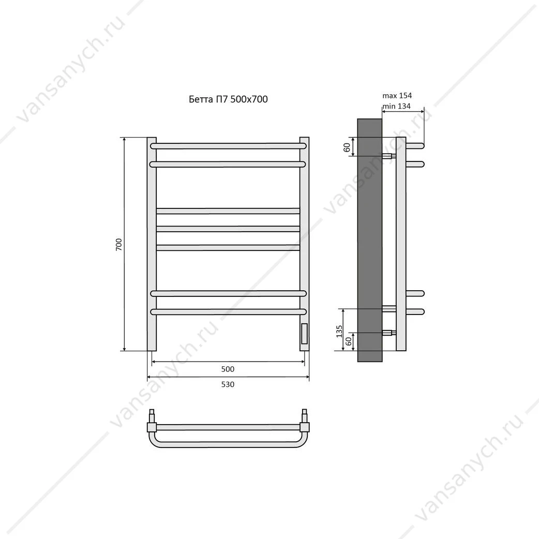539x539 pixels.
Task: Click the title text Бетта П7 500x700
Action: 228,99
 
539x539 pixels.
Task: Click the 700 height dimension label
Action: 119,244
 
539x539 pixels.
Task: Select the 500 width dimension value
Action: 228,369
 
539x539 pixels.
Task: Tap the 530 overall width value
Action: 228,384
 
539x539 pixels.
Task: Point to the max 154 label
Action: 397,96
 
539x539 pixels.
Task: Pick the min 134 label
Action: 397,106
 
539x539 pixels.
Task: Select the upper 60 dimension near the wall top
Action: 347,147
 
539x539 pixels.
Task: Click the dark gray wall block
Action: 370,241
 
